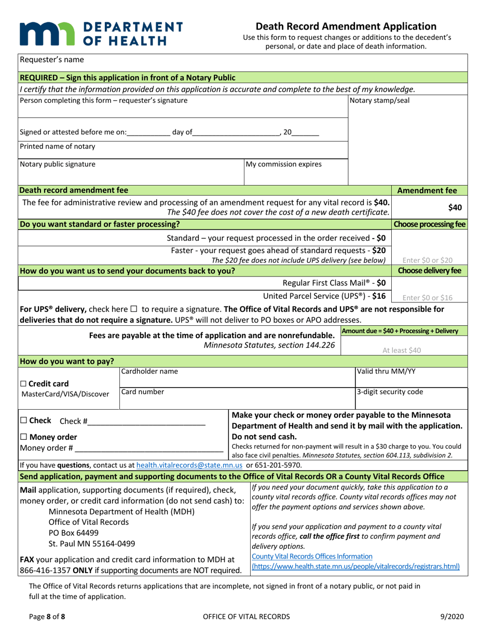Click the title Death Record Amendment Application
click(x=346, y=26)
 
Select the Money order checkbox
click(x=24, y=437)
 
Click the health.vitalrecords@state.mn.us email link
click(x=190, y=465)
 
